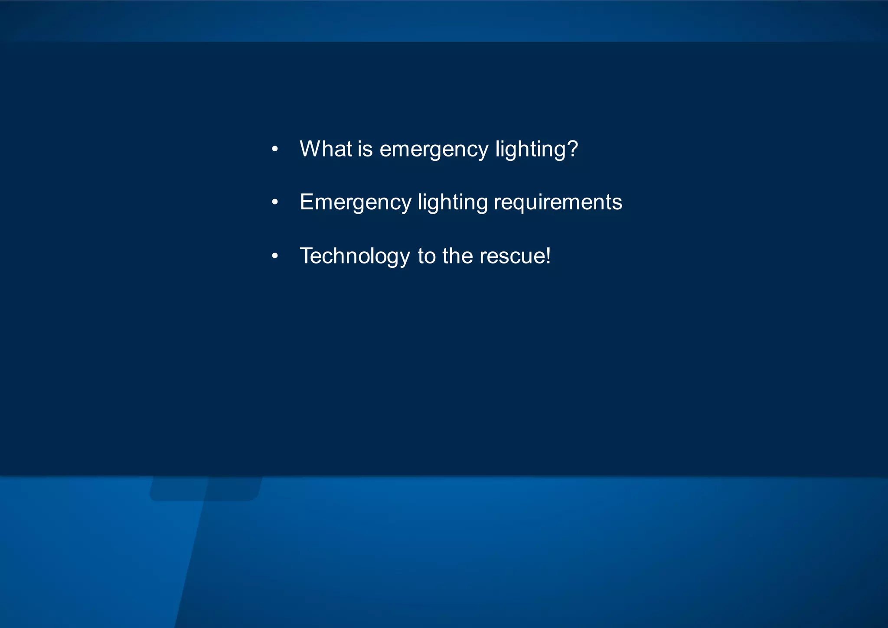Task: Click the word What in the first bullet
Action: (x=326, y=149)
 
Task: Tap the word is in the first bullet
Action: (x=365, y=149)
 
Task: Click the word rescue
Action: (x=512, y=257)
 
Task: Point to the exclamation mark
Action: (x=548, y=255)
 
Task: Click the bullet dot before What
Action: (x=274, y=150)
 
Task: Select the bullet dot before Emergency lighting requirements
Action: (x=274, y=203)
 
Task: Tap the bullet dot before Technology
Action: (x=274, y=256)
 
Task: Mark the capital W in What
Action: (x=310, y=149)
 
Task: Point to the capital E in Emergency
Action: (x=307, y=202)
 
